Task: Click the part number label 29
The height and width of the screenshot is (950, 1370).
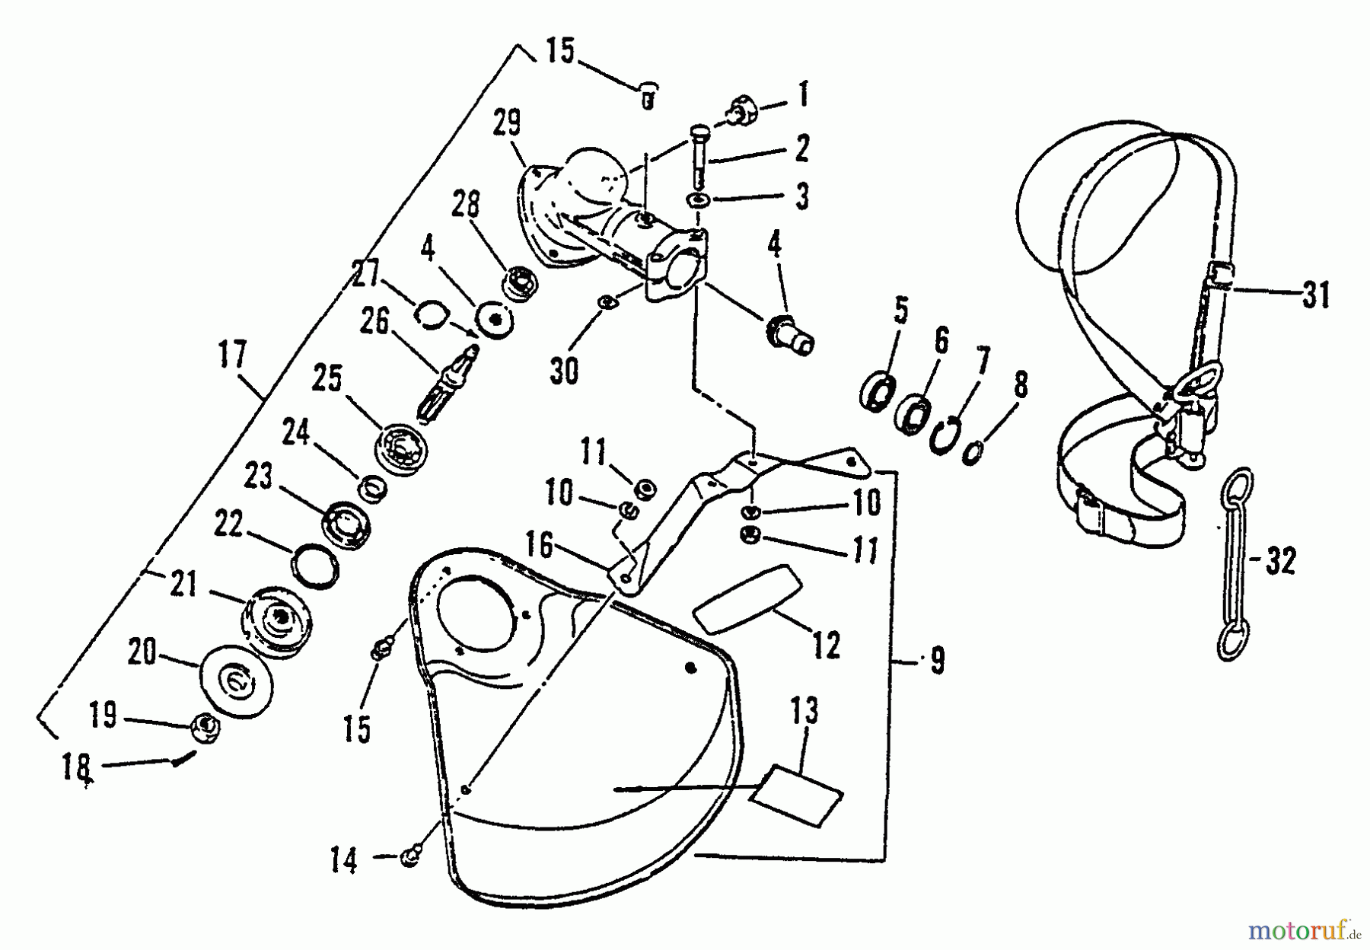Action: coord(508,124)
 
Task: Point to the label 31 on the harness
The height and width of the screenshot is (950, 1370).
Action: coord(1315,294)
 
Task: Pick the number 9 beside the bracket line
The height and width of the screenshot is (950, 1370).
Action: coord(936,661)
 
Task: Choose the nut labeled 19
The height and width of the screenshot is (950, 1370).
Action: coord(205,725)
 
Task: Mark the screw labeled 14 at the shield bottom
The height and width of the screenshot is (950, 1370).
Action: coord(409,858)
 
